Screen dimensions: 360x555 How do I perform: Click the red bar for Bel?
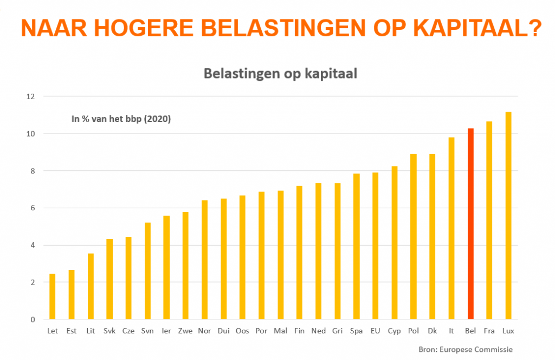470,224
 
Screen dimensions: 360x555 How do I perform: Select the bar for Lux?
508,216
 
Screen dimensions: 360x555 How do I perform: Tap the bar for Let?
53,297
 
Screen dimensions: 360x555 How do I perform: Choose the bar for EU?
375,246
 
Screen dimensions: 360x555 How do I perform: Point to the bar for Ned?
318,251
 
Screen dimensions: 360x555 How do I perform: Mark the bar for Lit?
91,286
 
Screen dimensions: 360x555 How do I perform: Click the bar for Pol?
413,237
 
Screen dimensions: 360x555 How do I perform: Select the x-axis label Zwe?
185,330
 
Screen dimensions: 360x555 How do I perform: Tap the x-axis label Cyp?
394,330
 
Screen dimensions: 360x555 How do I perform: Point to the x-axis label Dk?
432,330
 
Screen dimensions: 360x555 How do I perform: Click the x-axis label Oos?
242,330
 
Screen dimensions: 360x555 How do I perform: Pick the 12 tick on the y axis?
30,97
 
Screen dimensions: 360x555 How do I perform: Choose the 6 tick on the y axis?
32,208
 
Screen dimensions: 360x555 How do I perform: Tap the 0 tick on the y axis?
32,319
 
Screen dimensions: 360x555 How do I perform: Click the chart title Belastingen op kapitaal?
280,74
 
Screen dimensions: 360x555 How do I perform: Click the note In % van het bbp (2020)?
121,119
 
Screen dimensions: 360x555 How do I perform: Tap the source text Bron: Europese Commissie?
466,349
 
